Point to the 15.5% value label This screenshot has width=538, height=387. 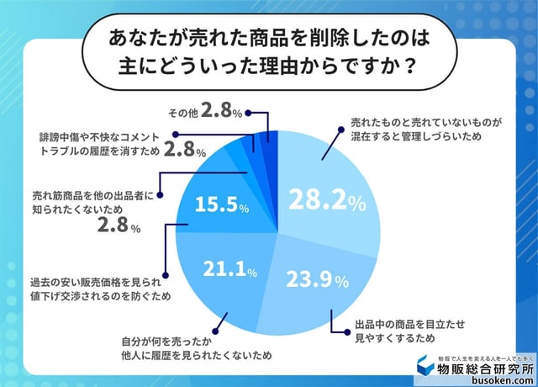[221, 204]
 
